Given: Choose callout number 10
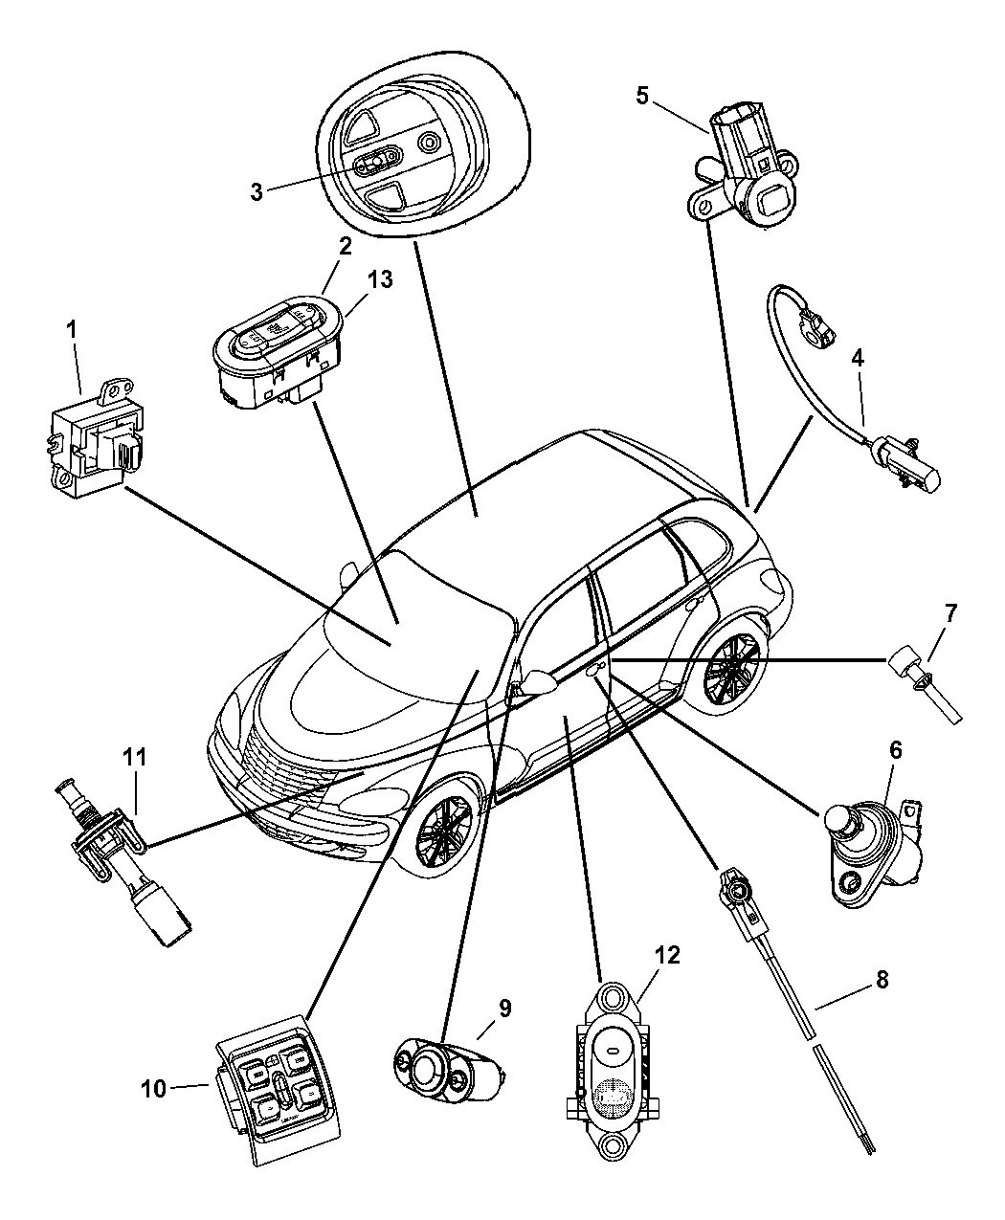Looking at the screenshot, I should (153, 1088).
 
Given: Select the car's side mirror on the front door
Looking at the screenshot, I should (539, 681).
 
